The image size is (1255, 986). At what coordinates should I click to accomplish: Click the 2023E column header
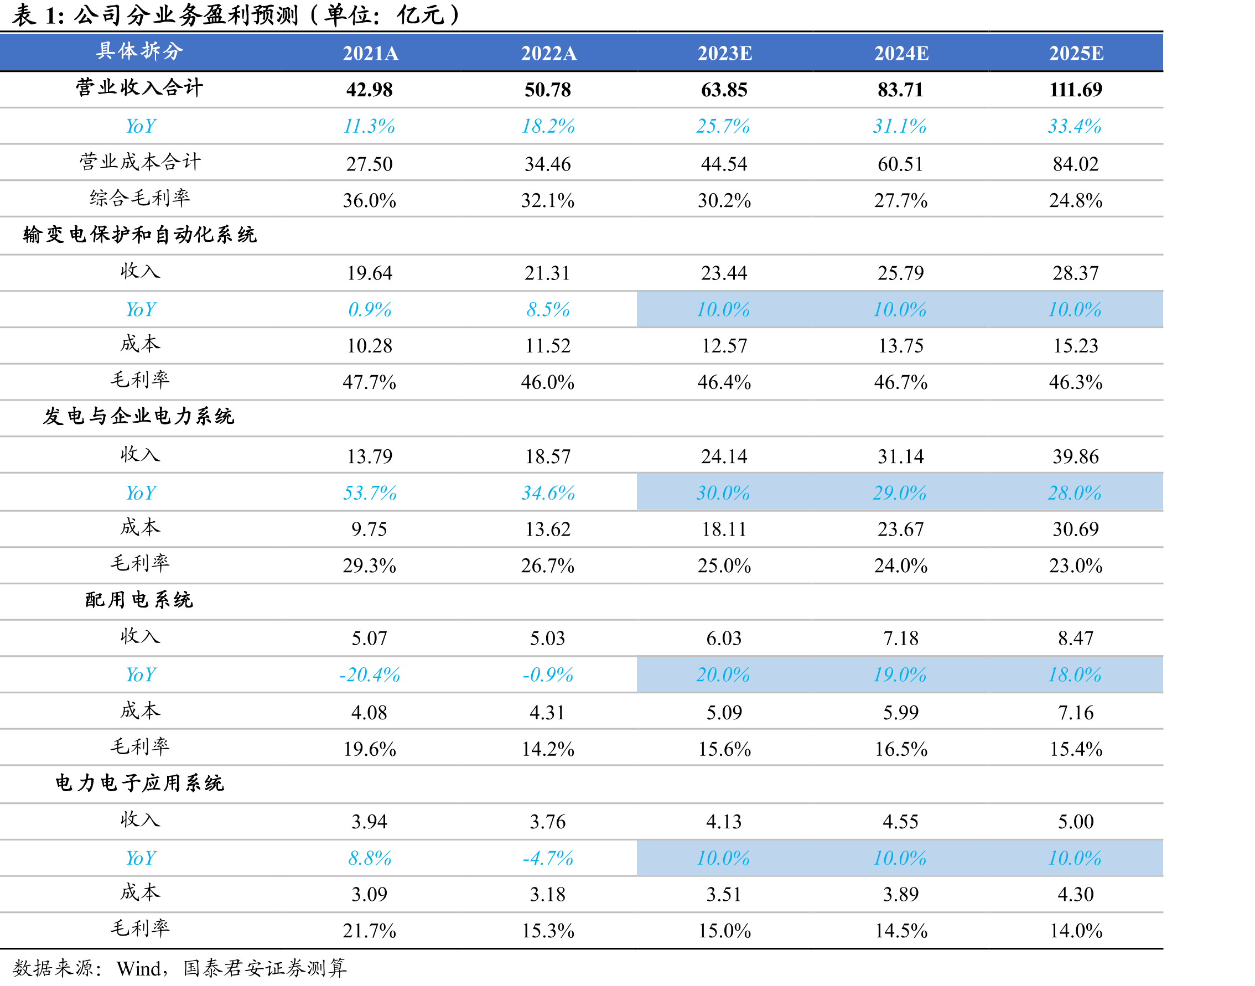(724, 53)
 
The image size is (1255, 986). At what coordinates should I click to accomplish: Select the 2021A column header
(370, 53)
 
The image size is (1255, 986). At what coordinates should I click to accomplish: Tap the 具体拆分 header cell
(139, 51)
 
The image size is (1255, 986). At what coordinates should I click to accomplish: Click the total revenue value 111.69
(1076, 90)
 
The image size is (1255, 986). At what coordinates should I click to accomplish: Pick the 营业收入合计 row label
(139, 88)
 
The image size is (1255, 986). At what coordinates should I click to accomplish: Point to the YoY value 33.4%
(1075, 126)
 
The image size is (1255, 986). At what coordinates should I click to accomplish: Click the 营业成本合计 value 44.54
(724, 164)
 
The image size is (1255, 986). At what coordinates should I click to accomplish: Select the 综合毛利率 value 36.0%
(370, 200)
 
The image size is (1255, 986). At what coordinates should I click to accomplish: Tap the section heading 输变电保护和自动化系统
(139, 235)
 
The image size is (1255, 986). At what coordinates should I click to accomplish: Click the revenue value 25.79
(900, 273)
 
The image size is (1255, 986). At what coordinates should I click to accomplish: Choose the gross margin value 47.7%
(370, 382)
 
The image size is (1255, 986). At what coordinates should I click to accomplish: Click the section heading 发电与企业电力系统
(138, 417)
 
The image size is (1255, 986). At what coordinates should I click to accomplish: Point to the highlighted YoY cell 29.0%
(900, 493)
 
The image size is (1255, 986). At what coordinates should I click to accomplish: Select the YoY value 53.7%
(370, 493)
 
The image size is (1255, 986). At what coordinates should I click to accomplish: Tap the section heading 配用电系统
(139, 600)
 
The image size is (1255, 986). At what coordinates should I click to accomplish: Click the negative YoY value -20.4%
(370, 675)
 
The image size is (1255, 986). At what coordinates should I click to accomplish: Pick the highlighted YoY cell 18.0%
(1075, 675)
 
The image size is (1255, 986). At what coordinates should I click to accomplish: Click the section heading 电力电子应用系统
(139, 783)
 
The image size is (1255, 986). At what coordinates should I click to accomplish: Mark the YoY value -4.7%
(548, 858)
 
